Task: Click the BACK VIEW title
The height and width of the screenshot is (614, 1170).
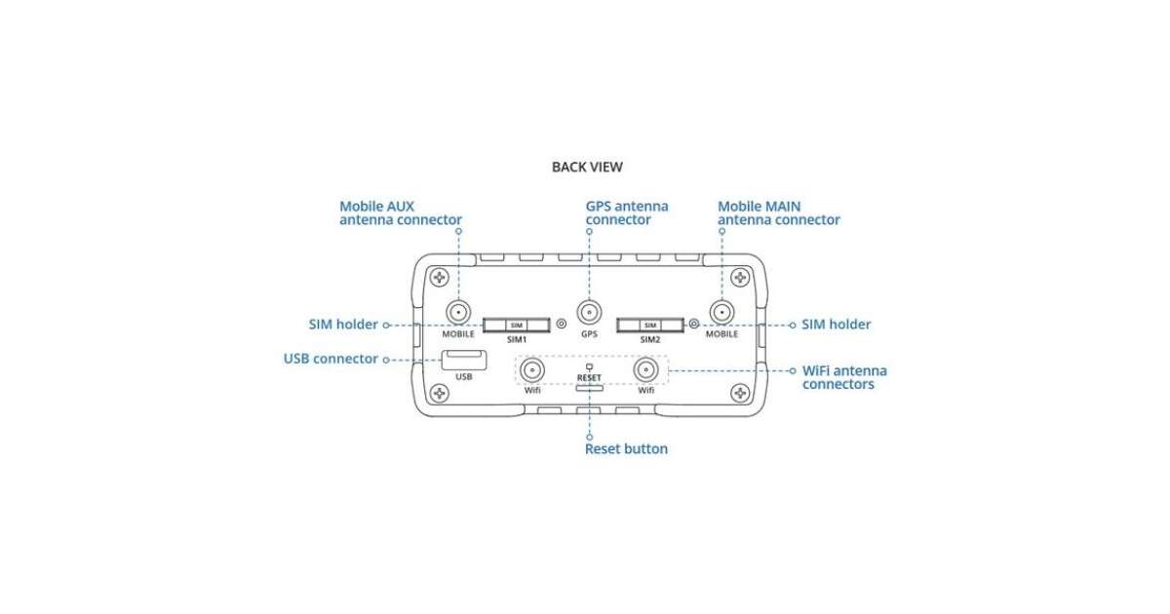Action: click(x=587, y=167)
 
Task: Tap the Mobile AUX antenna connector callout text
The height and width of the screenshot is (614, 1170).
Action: click(x=400, y=213)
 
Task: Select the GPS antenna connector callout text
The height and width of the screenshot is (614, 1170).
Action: click(x=627, y=213)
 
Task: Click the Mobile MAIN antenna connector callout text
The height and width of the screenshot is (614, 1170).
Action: click(x=778, y=213)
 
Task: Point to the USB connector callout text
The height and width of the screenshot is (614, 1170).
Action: click(x=331, y=359)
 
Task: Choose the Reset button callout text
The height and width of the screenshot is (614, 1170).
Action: click(x=626, y=449)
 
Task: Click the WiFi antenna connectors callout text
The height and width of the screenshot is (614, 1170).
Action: click(x=844, y=377)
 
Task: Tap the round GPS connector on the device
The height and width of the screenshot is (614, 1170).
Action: click(x=589, y=312)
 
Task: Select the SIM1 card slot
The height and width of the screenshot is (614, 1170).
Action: click(x=517, y=325)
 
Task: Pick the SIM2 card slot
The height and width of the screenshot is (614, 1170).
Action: click(x=650, y=325)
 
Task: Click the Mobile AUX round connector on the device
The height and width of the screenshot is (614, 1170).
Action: click(x=458, y=312)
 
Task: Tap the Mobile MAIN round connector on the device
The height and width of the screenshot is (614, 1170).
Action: click(x=721, y=312)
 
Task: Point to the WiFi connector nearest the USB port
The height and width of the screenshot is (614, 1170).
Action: click(x=532, y=370)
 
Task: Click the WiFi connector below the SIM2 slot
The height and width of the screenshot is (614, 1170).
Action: click(x=645, y=370)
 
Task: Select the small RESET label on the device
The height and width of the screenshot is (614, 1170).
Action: click(x=589, y=377)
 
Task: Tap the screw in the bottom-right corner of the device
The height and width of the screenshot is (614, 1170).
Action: click(x=740, y=394)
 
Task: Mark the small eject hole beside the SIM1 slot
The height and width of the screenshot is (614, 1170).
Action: click(x=561, y=325)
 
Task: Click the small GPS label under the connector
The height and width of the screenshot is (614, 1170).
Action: click(x=589, y=334)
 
